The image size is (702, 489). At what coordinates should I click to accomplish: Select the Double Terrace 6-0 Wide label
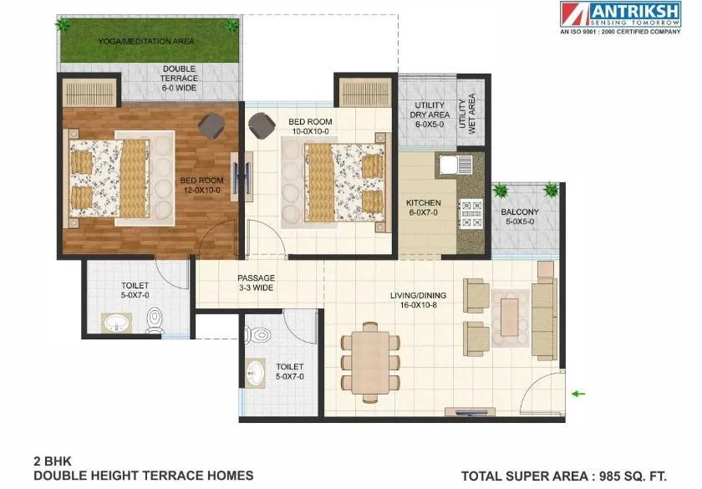(x=180, y=78)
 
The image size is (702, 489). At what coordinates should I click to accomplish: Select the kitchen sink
(x=450, y=162)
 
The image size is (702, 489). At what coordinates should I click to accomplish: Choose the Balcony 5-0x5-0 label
(x=520, y=217)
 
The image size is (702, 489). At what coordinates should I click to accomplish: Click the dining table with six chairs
(x=369, y=360)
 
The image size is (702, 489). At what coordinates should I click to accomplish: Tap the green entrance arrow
(x=577, y=392)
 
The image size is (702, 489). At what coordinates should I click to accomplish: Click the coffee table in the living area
(x=510, y=313)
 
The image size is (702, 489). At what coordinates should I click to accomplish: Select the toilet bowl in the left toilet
(x=155, y=319)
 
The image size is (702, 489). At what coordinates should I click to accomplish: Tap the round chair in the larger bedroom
(x=209, y=125)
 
